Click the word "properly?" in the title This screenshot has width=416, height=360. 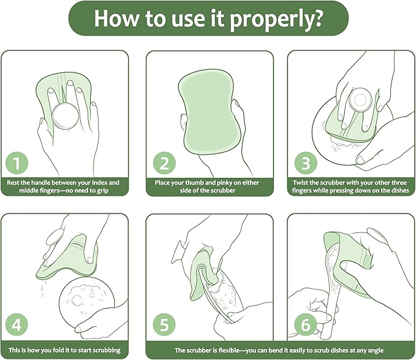click(276, 19)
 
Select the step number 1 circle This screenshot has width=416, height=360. click(17, 163)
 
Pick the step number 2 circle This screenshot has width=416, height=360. click(164, 163)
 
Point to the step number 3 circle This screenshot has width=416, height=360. click(306, 163)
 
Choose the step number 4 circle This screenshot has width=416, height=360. click(17, 324)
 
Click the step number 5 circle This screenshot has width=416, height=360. click(164, 324)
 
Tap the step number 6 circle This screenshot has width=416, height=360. click(306, 324)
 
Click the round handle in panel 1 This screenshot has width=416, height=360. click(66, 117)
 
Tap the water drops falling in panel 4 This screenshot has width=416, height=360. click(43, 288)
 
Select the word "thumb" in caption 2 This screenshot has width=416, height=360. click(194, 183)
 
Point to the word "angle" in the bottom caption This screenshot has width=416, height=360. click(375, 351)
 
